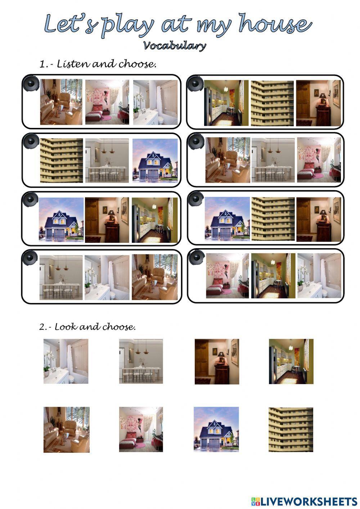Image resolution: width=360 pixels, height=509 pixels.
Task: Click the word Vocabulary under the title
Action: [x=175, y=46]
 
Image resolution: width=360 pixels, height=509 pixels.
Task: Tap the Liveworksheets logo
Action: [x=304, y=502]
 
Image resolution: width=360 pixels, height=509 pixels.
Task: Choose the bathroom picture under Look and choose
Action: [x=66, y=361]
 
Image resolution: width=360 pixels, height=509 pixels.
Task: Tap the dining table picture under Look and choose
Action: [x=141, y=361]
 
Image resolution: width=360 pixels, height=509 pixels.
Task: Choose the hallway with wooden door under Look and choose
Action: [x=217, y=362]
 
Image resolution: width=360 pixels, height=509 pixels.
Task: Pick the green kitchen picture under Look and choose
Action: [x=291, y=361]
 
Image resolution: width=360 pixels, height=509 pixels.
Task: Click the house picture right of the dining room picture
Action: [x=155, y=160]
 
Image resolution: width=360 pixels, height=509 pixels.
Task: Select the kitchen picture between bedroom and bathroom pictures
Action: [x=273, y=276]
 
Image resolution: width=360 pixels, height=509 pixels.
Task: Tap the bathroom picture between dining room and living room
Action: [x=107, y=277]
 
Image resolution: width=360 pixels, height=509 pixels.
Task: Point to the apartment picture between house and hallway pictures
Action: [x=273, y=219]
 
